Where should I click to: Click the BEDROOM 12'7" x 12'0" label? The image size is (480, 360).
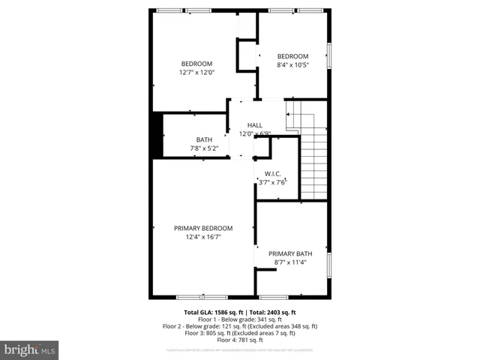click(196, 68)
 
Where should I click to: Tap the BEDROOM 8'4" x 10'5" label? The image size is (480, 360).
click(292, 61)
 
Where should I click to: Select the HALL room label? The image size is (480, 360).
click(255, 129)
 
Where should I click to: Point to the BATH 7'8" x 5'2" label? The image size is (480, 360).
click(204, 144)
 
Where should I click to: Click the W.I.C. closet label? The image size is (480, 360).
click(273, 178)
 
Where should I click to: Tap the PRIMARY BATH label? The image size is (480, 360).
click(290, 258)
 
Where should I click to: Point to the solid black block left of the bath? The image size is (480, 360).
click(157, 135)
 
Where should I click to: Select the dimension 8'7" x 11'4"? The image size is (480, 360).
click(290, 262)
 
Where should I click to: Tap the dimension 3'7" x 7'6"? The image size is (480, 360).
click(273, 182)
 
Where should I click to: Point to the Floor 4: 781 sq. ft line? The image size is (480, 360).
click(240, 340)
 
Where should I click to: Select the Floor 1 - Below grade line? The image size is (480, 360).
click(240, 319)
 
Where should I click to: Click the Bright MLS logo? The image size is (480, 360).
click(29, 350)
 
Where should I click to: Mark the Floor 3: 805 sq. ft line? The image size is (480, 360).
click(240, 334)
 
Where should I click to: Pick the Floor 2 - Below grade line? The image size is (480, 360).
click(240, 326)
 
